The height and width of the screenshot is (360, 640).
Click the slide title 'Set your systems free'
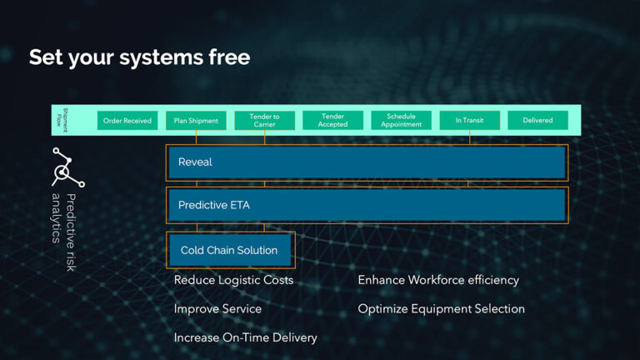[140, 57]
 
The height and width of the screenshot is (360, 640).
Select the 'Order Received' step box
[127, 120]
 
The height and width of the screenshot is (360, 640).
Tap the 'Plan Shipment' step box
[196, 120]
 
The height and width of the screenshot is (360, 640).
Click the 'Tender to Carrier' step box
[264, 120]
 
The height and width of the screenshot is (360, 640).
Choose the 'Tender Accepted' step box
[332, 120]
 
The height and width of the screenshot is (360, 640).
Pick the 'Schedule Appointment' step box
[401, 120]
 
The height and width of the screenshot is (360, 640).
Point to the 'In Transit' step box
[470, 120]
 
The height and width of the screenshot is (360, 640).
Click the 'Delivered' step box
[538, 120]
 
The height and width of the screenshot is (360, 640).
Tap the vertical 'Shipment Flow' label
[62, 120]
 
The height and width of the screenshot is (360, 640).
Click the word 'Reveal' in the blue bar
[195, 162]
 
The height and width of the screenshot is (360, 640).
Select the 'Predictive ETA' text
[214, 205]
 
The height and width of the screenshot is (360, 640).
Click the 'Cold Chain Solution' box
[230, 250]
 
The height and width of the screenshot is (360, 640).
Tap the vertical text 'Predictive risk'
[71, 232]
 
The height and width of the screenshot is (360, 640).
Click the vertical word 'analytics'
[57, 218]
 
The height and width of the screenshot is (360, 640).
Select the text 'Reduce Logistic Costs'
[233, 280]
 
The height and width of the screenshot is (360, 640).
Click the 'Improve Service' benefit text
[217, 309]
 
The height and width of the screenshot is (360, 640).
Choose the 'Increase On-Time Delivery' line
[245, 338]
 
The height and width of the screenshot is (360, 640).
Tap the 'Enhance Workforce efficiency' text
[438, 280]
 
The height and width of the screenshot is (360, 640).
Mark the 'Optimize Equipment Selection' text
[441, 309]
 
